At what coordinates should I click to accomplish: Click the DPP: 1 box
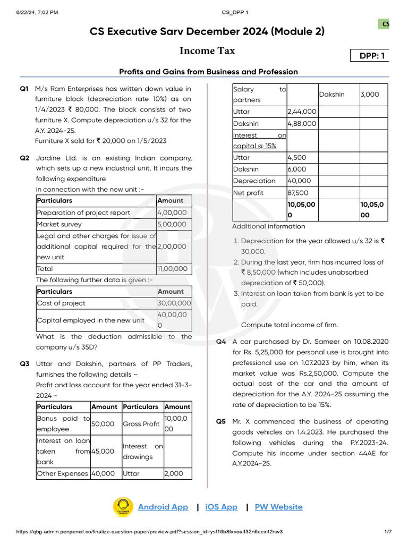pos(370,56)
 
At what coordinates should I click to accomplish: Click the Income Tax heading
pos(207,51)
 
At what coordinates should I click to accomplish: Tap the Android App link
pos(163,507)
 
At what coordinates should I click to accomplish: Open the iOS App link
pos(221,507)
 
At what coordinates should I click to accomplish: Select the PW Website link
pos(278,507)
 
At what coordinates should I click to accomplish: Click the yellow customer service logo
pos(123,507)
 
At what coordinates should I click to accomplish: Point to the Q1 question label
pos(24,89)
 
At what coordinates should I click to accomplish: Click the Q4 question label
pos(221,342)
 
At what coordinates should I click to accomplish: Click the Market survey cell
pos(96,224)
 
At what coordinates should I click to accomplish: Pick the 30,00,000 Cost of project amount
pos(174,303)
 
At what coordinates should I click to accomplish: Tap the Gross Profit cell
pos(141,424)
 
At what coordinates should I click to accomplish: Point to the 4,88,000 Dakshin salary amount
pos(302,123)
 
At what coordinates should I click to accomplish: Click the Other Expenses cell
pos(63,473)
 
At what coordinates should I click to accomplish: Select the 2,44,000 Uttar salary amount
pos(302,112)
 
